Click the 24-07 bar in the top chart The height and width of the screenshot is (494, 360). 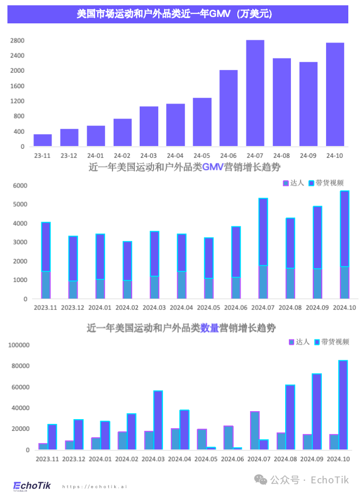point(255,93)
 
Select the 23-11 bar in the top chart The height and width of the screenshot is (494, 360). point(42,140)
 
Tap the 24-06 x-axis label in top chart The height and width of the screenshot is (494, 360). point(228,156)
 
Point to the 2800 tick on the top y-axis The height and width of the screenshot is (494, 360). point(18,40)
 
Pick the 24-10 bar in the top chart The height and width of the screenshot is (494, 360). point(335,95)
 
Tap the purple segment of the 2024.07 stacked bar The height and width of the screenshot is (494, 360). point(263,232)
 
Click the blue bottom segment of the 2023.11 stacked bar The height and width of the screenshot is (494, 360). point(46,285)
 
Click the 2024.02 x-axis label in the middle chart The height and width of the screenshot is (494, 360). point(127,308)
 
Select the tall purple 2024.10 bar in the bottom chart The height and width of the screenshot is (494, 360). point(343,405)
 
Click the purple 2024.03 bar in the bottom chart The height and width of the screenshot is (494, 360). point(158,420)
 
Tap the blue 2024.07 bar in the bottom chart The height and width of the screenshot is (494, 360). point(255,430)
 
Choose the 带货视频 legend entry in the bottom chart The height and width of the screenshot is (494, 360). point(332,342)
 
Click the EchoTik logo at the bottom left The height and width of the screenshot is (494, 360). point(32,485)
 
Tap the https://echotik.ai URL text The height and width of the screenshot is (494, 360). point(95,486)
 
